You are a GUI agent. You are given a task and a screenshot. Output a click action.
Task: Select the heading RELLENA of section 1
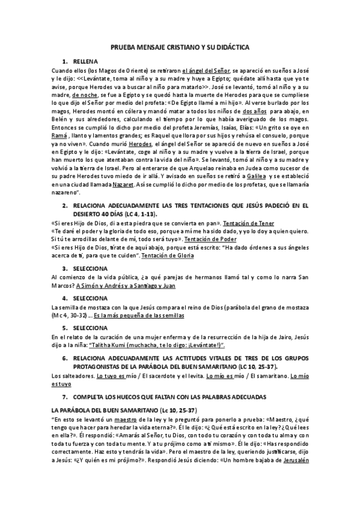[x=84, y=62]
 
